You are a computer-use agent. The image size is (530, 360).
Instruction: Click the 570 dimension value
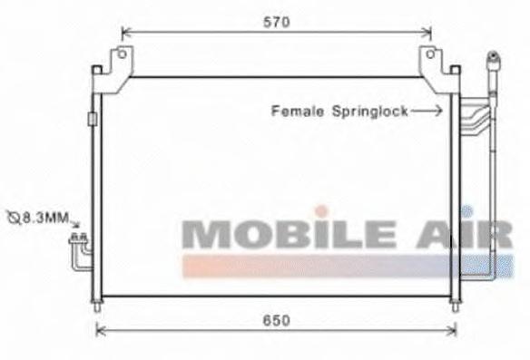(277, 23)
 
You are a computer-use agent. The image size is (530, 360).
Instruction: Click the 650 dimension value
(277, 320)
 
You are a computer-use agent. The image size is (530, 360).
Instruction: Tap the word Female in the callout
(298, 112)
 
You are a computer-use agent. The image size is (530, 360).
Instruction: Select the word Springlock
(369, 112)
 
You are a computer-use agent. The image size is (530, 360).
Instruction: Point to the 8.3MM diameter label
(45, 218)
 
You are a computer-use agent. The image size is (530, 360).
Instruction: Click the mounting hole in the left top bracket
(122, 54)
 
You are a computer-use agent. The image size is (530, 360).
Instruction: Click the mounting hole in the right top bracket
(430, 54)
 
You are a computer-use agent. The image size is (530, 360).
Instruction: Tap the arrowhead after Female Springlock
(438, 111)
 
